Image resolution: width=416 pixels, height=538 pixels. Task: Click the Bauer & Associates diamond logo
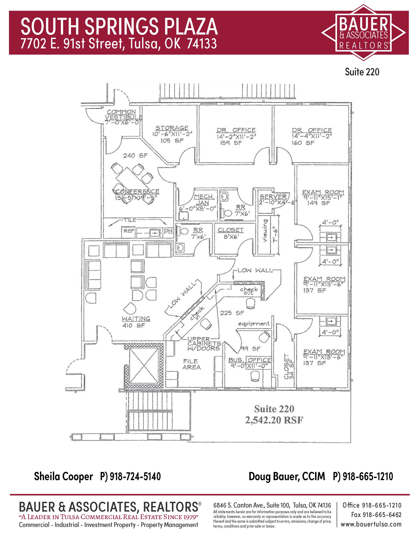click(x=363, y=32)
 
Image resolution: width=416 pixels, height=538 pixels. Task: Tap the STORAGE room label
click(x=172, y=128)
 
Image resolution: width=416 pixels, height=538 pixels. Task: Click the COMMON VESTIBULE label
click(x=122, y=115)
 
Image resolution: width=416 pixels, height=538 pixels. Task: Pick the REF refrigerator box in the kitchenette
click(x=129, y=231)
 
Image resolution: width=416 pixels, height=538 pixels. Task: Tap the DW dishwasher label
click(x=168, y=230)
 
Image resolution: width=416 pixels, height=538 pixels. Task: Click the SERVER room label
click(x=273, y=196)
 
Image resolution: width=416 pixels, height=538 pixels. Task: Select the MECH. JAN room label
click(x=204, y=200)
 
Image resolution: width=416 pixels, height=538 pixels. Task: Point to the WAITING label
click(x=136, y=319)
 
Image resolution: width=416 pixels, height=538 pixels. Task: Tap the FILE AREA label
click(x=191, y=364)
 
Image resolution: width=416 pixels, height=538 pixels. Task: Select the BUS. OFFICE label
click(x=249, y=360)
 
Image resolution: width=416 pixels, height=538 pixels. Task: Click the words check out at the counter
click(x=249, y=291)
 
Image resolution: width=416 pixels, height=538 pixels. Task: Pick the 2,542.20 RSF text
click(x=274, y=420)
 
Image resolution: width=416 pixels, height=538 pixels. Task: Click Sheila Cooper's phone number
click(x=130, y=476)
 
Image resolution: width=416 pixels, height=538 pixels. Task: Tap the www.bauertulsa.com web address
click(x=371, y=524)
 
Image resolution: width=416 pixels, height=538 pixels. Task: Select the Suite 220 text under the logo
click(x=362, y=72)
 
